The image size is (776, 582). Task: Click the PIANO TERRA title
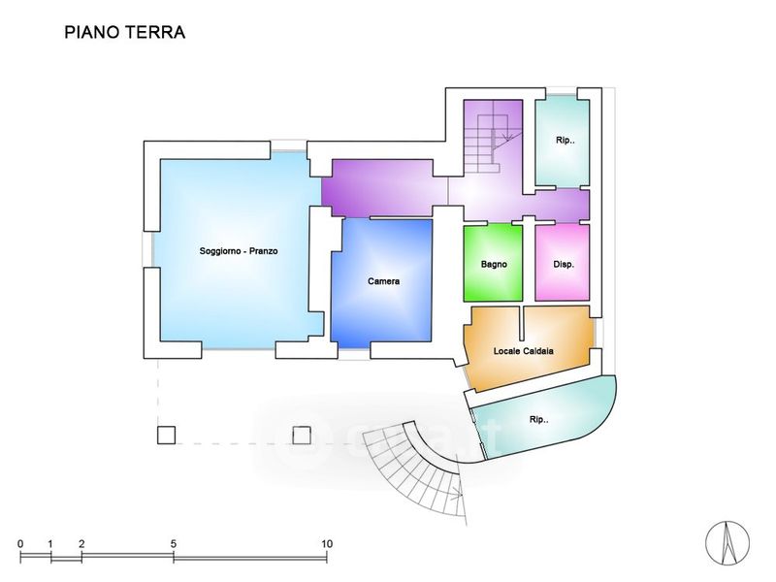[x=125, y=32]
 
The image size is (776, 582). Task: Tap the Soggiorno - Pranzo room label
[x=239, y=251]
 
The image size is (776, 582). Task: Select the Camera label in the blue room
[x=383, y=281]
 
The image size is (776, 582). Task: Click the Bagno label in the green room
[x=494, y=264]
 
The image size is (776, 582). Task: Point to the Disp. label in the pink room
[x=564, y=264]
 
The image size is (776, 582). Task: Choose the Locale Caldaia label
[x=523, y=351]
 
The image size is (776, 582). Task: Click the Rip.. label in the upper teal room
[x=566, y=140]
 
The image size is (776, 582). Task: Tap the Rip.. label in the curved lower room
[x=539, y=420]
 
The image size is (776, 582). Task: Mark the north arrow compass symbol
[x=727, y=543]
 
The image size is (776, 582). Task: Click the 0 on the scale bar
[x=20, y=544]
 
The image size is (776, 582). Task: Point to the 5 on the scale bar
[x=174, y=544]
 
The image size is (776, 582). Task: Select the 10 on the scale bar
[x=327, y=544]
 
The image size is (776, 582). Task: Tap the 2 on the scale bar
[x=81, y=544]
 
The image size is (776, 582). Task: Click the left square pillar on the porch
[x=166, y=435]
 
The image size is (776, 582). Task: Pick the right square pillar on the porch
[x=302, y=435]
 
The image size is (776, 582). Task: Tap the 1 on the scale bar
[x=50, y=544]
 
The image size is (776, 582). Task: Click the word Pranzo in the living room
[x=263, y=251]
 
